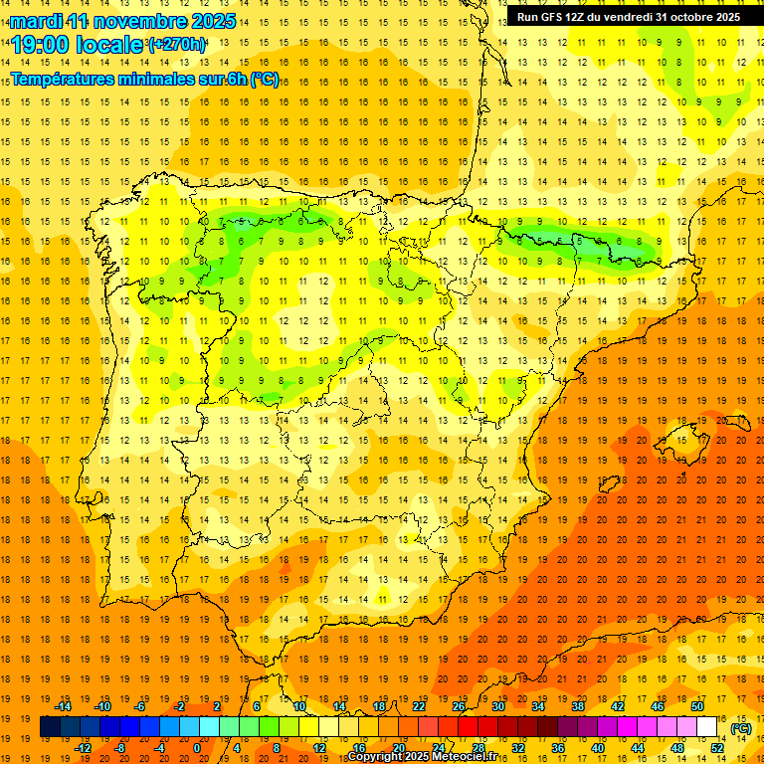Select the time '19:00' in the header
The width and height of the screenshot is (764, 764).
coord(41,45)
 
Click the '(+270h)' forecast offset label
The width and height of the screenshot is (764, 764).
coord(177,45)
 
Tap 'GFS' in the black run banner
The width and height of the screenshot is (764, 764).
coord(555,17)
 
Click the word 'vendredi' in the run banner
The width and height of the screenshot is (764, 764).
coord(627,17)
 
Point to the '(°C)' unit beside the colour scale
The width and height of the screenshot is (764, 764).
coord(741,728)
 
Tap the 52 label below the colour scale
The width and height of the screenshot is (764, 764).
coord(717,748)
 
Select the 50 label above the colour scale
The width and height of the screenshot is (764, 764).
coord(697,706)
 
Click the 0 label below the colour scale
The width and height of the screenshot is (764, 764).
coord(197,748)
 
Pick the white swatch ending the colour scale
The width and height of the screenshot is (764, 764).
coord(707,727)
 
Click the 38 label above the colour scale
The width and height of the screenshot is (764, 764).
coord(578,706)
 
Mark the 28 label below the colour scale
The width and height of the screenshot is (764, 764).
coord(478,748)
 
